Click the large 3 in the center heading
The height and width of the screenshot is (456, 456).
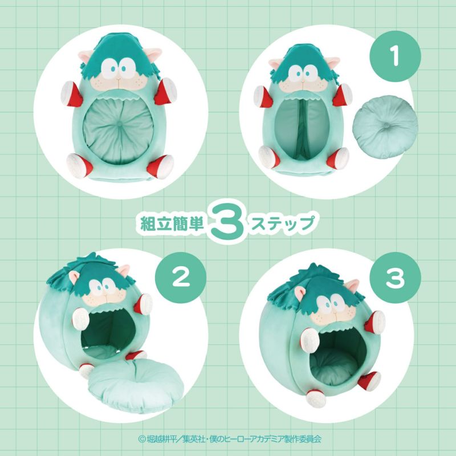[227, 223]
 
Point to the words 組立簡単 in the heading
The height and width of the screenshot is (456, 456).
[173, 223]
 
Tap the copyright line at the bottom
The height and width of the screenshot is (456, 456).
[228, 439]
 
